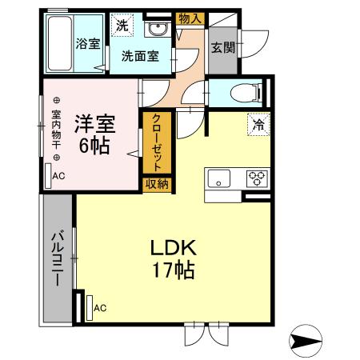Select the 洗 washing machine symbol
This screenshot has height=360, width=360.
point(122,25)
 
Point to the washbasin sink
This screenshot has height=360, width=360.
point(156,30)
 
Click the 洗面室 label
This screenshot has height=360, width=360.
point(140,57)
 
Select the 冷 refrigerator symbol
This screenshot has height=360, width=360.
point(258,125)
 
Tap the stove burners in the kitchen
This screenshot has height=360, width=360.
point(256,178)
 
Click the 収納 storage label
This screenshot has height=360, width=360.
point(157,184)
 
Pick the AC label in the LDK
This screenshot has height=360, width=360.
point(100,307)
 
